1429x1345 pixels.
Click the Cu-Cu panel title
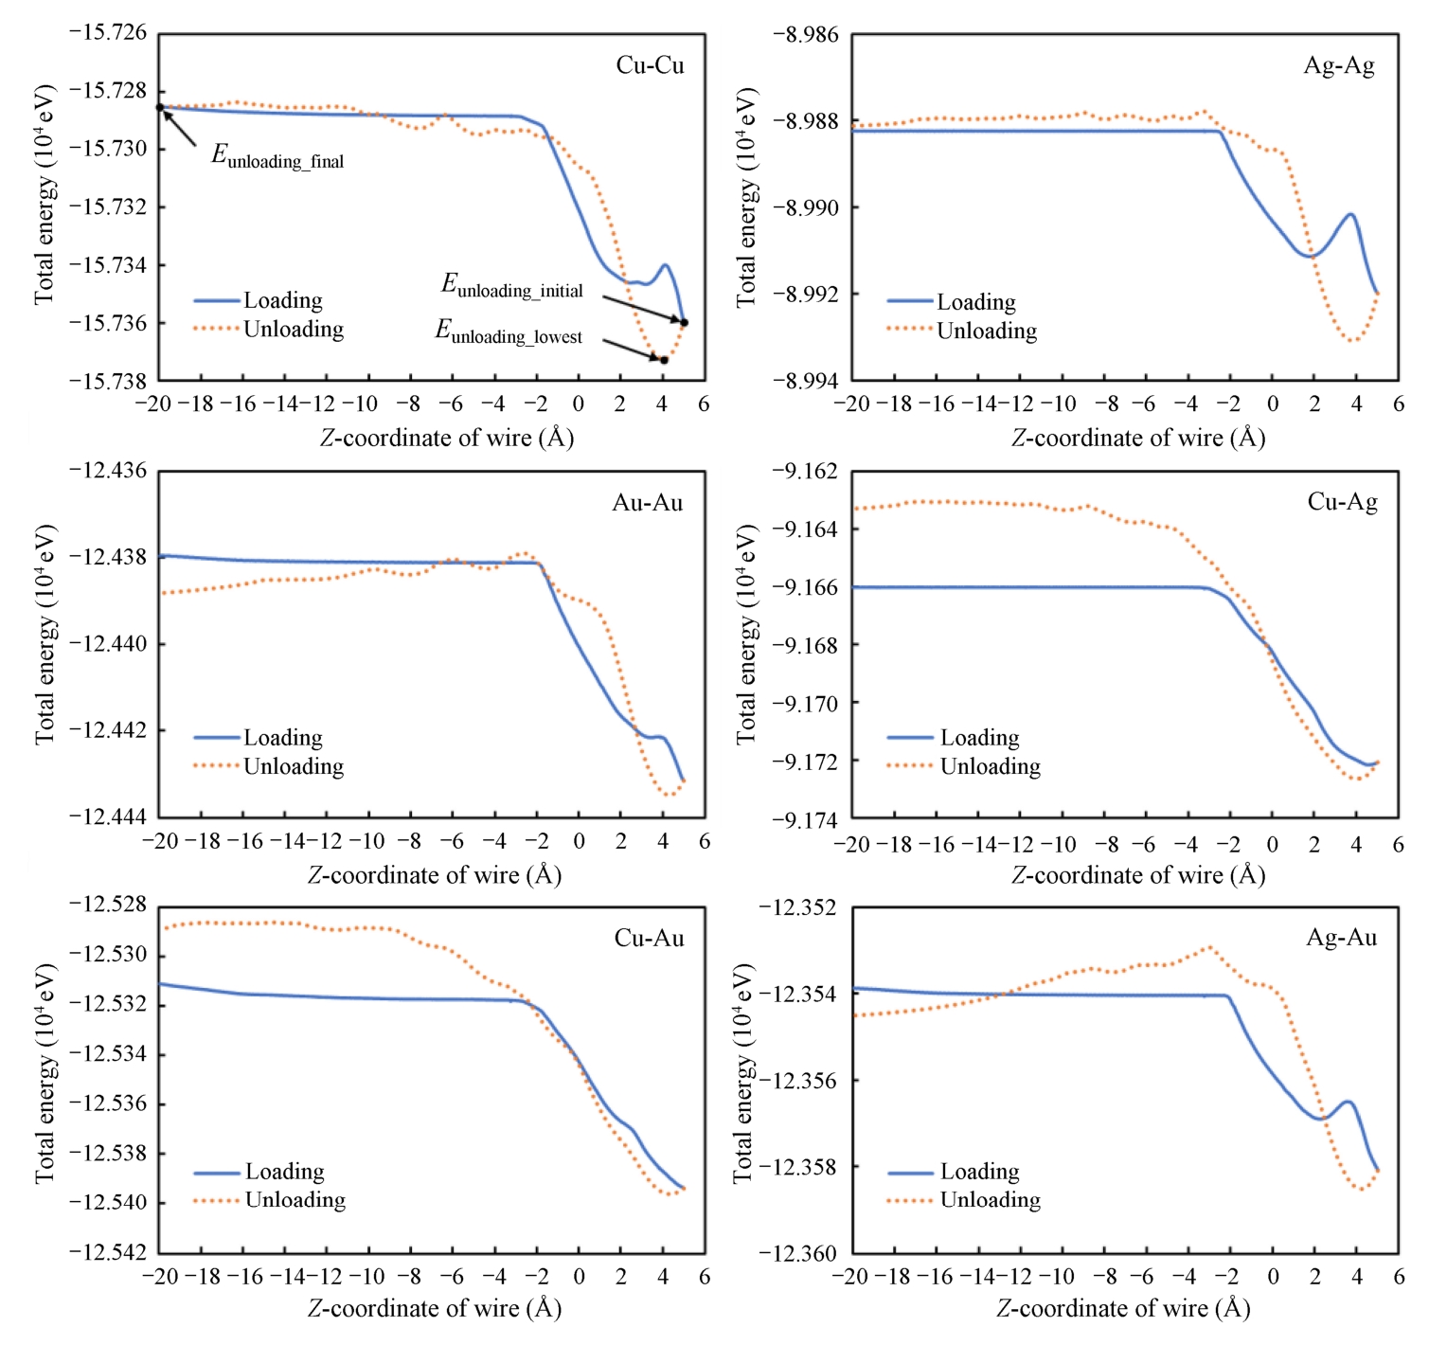click(650, 65)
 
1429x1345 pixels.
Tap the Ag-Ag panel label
click(1339, 65)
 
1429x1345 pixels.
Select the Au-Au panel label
click(647, 503)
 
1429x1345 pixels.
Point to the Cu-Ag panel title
click(1342, 502)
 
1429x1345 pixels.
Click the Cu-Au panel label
click(649, 938)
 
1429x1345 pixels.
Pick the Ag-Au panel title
click(1341, 938)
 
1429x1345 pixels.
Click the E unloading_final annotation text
click(277, 156)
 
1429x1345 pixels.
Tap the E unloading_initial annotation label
click(512, 286)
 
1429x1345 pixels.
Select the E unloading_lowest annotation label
click(509, 332)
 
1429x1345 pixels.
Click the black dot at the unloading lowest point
click(664, 360)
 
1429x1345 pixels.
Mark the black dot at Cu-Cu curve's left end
click(160, 108)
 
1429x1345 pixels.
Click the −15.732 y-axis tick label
click(108, 207)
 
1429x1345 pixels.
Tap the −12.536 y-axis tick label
click(108, 1104)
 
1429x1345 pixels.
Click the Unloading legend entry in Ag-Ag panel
click(987, 331)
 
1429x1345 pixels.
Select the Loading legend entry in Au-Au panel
click(282, 738)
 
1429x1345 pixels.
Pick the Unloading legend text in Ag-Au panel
click(990, 1200)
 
